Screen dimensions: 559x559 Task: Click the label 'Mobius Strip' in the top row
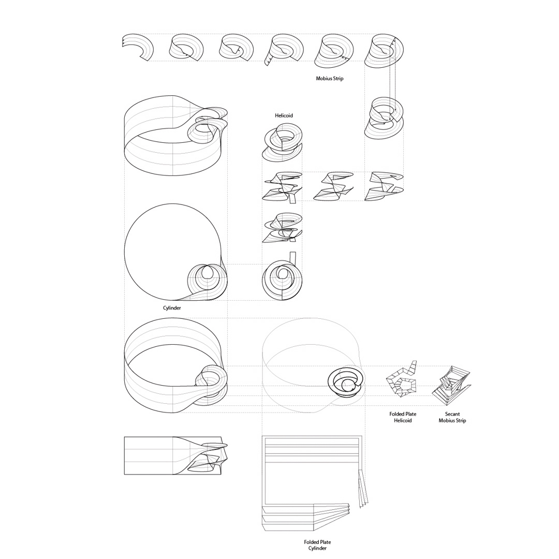(329, 79)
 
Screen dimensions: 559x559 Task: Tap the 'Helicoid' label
(284, 115)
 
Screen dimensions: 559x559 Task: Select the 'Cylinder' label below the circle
(172, 307)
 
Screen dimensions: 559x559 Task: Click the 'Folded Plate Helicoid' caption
(403, 417)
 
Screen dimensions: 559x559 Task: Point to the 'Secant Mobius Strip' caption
(452, 417)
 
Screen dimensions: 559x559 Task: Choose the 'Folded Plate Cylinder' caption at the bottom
(317, 545)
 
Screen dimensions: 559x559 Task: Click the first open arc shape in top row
(137, 48)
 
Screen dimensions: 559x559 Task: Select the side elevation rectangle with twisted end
(173, 455)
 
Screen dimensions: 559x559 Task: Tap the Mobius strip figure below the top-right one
(384, 118)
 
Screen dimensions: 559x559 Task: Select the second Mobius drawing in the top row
(187, 48)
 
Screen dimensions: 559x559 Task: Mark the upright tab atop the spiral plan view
(292, 257)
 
